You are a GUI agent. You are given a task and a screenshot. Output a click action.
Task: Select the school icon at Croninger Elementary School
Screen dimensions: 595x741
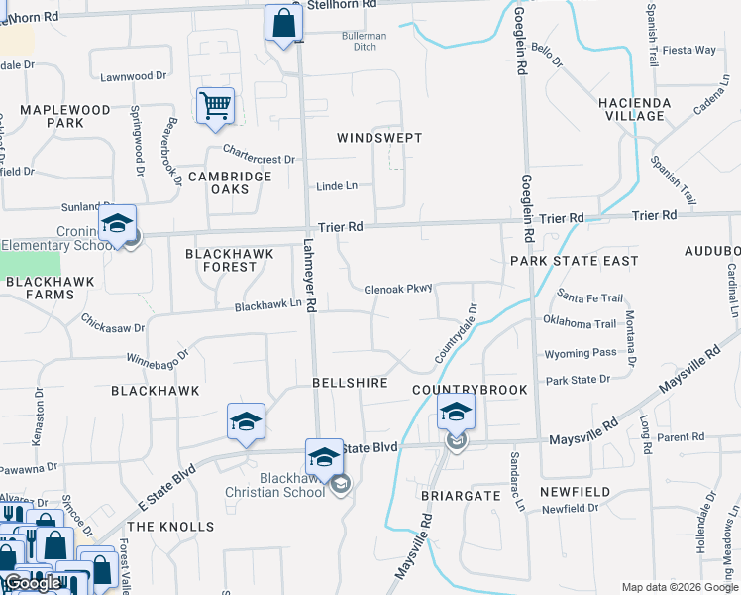[117, 224]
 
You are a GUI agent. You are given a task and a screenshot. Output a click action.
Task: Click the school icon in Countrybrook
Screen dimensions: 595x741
[456, 413]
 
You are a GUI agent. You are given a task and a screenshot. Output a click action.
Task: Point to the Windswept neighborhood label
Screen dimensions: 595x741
[379, 138]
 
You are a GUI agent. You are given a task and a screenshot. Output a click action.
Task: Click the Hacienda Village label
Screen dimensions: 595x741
[634, 109]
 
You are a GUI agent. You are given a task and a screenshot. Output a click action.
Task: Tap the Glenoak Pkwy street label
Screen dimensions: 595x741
[399, 289]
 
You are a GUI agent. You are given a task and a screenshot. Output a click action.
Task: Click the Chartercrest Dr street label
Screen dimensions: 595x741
[259, 157]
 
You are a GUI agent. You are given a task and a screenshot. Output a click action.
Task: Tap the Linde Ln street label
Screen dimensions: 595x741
[337, 186]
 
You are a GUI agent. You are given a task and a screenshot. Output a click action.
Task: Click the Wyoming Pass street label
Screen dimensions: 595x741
[581, 353]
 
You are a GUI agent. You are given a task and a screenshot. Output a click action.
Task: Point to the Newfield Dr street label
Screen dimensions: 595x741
[571, 509]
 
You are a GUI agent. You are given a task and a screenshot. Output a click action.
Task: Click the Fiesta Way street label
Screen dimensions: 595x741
[689, 50]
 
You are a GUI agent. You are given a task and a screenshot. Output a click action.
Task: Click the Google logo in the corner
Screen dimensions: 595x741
[31, 583]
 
